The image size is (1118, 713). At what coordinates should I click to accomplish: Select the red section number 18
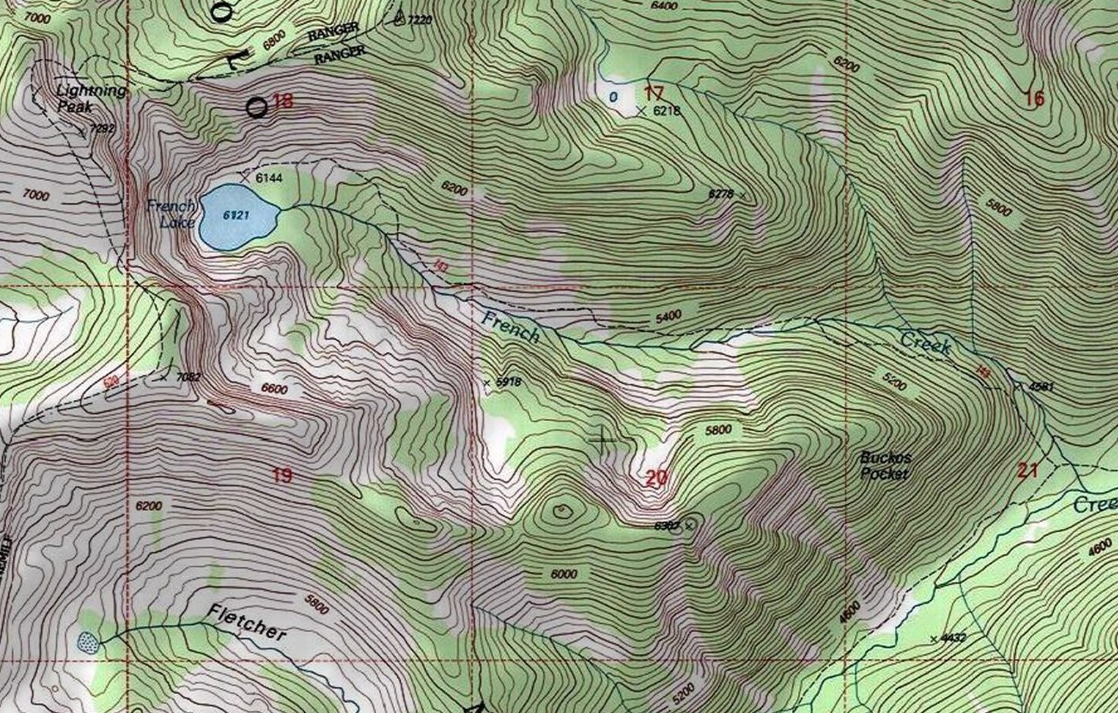point(283,101)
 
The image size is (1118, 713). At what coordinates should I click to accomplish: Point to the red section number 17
point(654,94)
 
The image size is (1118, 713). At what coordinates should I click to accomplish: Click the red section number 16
point(1035,99)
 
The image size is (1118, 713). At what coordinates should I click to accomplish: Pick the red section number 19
point(282,476)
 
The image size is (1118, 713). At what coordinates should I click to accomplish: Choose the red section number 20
point(656,477)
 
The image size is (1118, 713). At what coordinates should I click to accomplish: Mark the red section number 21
point(1028,471)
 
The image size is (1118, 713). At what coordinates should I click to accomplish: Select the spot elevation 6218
point(667,111)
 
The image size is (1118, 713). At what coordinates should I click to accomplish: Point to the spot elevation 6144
point(268,178)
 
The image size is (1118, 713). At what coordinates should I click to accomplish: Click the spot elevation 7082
point(188,377)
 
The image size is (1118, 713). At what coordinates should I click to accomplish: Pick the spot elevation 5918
point(508,383)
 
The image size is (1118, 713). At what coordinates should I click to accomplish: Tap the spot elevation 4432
point(953,638)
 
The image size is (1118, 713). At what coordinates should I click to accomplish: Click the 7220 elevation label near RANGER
point(419,20)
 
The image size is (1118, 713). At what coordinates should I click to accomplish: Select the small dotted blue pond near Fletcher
point(89,643)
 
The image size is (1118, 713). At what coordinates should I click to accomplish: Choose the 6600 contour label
point(274,389)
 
